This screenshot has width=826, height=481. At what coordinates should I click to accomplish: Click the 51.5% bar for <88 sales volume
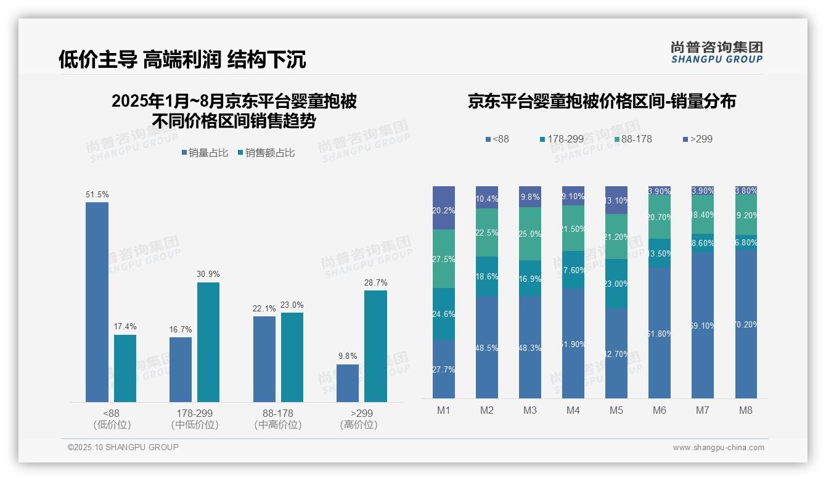(97, 302)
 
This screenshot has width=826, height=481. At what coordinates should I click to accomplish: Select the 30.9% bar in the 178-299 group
(208, 342)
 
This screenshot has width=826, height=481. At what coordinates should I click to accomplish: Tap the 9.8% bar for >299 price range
(347, 383)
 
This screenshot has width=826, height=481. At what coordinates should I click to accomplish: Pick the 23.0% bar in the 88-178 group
(292, 357)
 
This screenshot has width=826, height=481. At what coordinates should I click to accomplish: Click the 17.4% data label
(125, 327)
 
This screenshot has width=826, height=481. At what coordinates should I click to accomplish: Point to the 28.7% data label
(375, 282)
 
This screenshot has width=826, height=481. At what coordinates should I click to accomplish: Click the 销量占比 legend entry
(205, 153)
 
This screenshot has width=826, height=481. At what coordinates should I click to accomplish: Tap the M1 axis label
(443, 410)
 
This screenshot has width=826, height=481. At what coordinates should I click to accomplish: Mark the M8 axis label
(746, 410)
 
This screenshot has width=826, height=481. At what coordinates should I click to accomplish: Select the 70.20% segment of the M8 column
(746, 324)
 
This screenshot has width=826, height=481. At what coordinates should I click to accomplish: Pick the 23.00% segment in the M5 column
(616, 284)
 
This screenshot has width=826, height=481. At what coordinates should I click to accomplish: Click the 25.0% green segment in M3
(530, 234)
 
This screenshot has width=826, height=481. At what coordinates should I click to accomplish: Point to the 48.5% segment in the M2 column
(487, 347)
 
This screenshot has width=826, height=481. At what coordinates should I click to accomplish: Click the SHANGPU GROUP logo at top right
(716, 52)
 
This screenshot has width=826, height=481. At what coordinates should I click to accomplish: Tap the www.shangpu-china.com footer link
(718, 448)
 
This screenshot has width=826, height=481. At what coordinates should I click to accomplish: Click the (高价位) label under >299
(358, 425)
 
